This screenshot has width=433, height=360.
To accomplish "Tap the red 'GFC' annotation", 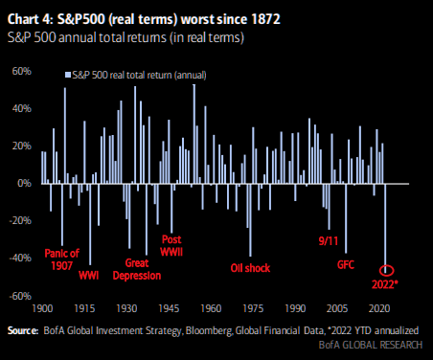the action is tap(346, 264).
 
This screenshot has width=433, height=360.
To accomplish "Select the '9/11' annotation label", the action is tap(329, 241).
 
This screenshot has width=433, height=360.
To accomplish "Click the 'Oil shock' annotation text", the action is tap(250, 268).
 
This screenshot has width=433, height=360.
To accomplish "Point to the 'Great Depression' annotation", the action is tap(137, 269).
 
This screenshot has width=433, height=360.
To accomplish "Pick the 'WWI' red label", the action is tap(89, 276).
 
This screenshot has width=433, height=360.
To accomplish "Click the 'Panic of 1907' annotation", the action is tap(61, 259).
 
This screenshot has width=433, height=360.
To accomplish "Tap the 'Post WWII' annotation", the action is tap(171, 245).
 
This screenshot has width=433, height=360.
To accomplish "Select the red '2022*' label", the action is tap(385, 284).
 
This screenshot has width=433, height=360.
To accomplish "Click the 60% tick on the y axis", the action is tap(22, 71).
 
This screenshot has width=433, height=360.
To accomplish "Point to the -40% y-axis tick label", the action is tap(20, 258).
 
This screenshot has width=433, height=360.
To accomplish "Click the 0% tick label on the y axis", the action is tap(24, 183).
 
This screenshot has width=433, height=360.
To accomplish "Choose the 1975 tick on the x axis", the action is tap(253, 308).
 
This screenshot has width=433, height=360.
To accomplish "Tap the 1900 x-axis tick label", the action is tap(43, 308).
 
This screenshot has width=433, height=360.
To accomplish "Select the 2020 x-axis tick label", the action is tap(379, 308).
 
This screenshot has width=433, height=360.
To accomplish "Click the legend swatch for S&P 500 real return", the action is tap(68, 75).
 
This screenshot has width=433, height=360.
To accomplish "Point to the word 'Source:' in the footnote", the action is tap(23, 330).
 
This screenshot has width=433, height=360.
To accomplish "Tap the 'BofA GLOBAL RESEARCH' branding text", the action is tap(371, 345).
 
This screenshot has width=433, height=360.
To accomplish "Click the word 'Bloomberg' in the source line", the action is tap(209, 331).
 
